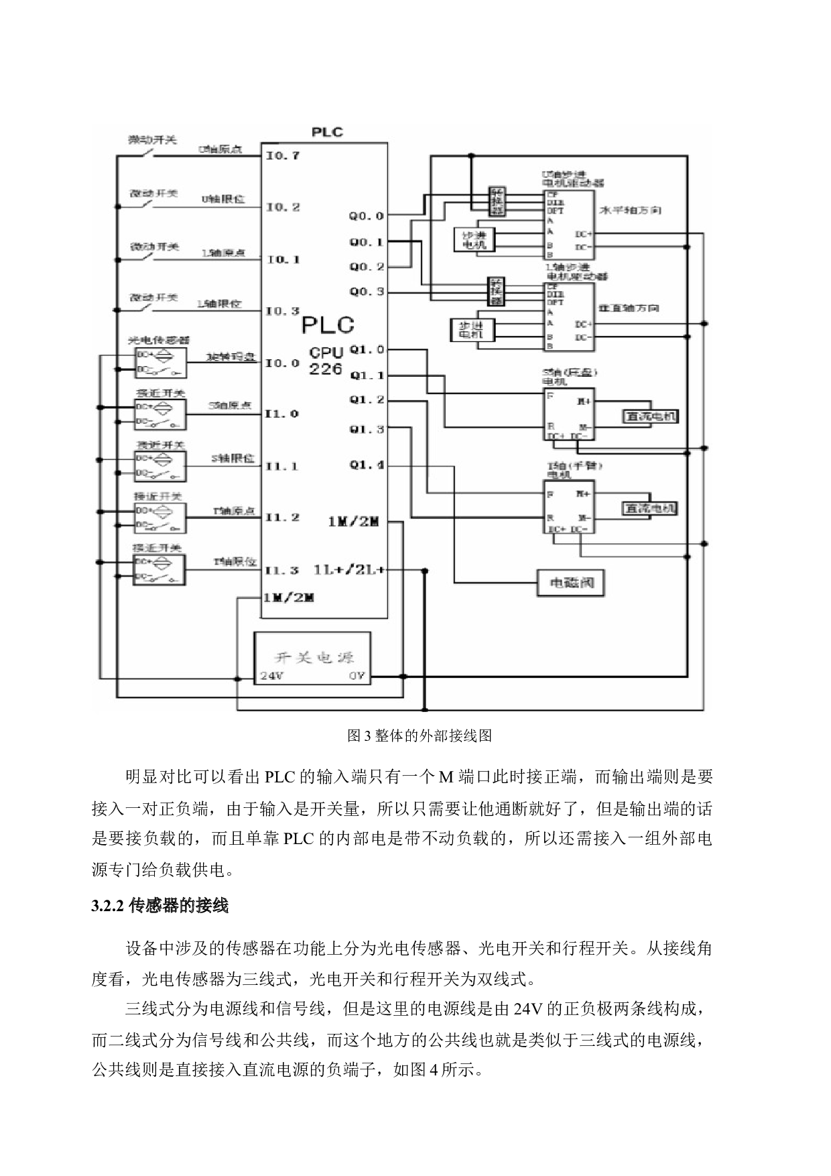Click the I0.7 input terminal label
[x=282, y=156]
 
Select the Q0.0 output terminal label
[x=366, y=216]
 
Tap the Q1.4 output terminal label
[x=367, y=465]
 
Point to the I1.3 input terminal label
[x=281, y=571]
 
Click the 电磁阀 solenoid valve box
[x=570, y=583]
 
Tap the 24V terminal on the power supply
[x=271, y=676]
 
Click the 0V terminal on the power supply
[x=357, y=676]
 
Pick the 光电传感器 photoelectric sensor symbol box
[x=160, y=363]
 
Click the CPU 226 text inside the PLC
[x=326, y=360]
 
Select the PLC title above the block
[x=327, y=132]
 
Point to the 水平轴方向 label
[x=629, y=211]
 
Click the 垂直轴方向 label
[x=628, y=308]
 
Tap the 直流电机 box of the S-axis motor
[x=650, y=416]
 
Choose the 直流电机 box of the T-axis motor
[x=650, y=508]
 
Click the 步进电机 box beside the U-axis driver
[x=474, y=240]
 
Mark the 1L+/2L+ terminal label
[x=349, y=570]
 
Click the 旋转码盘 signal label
[x=231, y=357]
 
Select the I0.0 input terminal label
[x=282, y=363]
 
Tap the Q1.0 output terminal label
[x=367, y=349]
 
